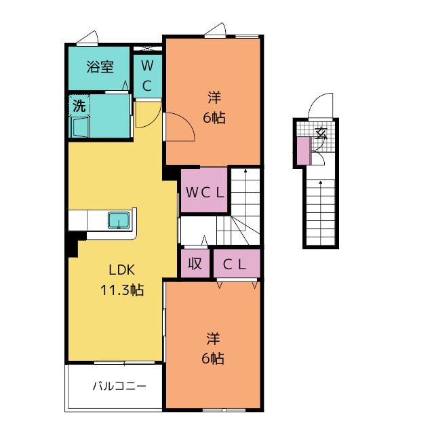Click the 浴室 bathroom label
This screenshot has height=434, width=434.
[x=99, y=67]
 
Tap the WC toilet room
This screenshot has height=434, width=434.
[x=148, y=76]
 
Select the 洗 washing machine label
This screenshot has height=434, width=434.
[x=79, y=106]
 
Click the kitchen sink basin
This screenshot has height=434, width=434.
[x=119, y=220]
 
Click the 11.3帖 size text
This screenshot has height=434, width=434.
[x=122, y=290]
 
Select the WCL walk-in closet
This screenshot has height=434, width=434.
[x=204, y=191]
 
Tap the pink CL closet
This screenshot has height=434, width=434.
[x=235, y=264]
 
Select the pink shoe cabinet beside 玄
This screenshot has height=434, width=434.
[x=302, y=151]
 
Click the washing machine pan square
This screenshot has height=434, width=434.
[x=81, y=127]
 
